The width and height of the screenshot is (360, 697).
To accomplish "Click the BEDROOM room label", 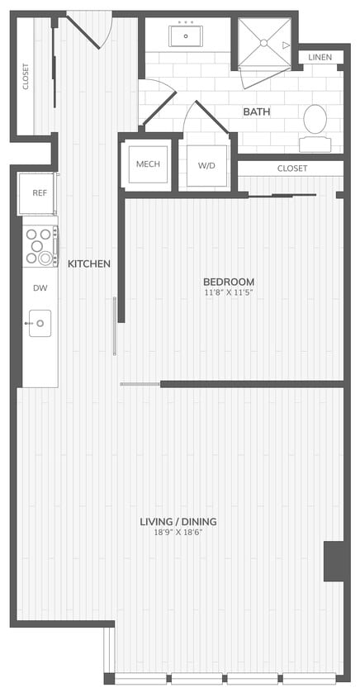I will [x=229, y=282].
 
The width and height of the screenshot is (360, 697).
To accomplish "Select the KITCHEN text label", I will [x=89, y=263].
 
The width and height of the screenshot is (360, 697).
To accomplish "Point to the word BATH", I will [x=257, y=111].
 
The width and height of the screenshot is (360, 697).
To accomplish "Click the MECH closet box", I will [x=147, y=164].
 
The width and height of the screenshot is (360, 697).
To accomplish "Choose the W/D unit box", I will [x=206, y=165].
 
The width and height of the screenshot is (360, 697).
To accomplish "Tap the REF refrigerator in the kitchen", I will [x=39, y=193].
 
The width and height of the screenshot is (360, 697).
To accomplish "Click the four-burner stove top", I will [x=39, y=245].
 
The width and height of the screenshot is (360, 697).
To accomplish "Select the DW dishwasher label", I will [x=39, y=288].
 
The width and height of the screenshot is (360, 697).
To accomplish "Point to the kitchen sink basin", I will [x=40, y=323].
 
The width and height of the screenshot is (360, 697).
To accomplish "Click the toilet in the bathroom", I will [x=315, y=124].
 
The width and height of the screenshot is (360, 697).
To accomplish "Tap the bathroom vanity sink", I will [x=187, y=36].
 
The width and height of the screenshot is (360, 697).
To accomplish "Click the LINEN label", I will [x=320, y=57].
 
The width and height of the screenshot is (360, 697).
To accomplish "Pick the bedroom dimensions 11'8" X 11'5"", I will [x=229, y=292].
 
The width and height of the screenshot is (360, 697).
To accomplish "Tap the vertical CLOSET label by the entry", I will [x=26, y=76].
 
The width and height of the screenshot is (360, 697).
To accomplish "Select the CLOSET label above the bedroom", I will [x=291, y=168].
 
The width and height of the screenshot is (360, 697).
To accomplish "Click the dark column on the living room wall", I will [x=334, y=561].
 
